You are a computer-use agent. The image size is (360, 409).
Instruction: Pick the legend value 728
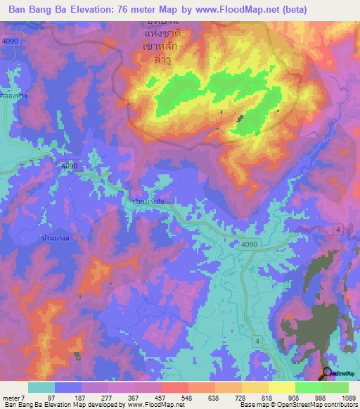pos(241,398)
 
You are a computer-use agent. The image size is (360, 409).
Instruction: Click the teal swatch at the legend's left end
pos(41,387)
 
